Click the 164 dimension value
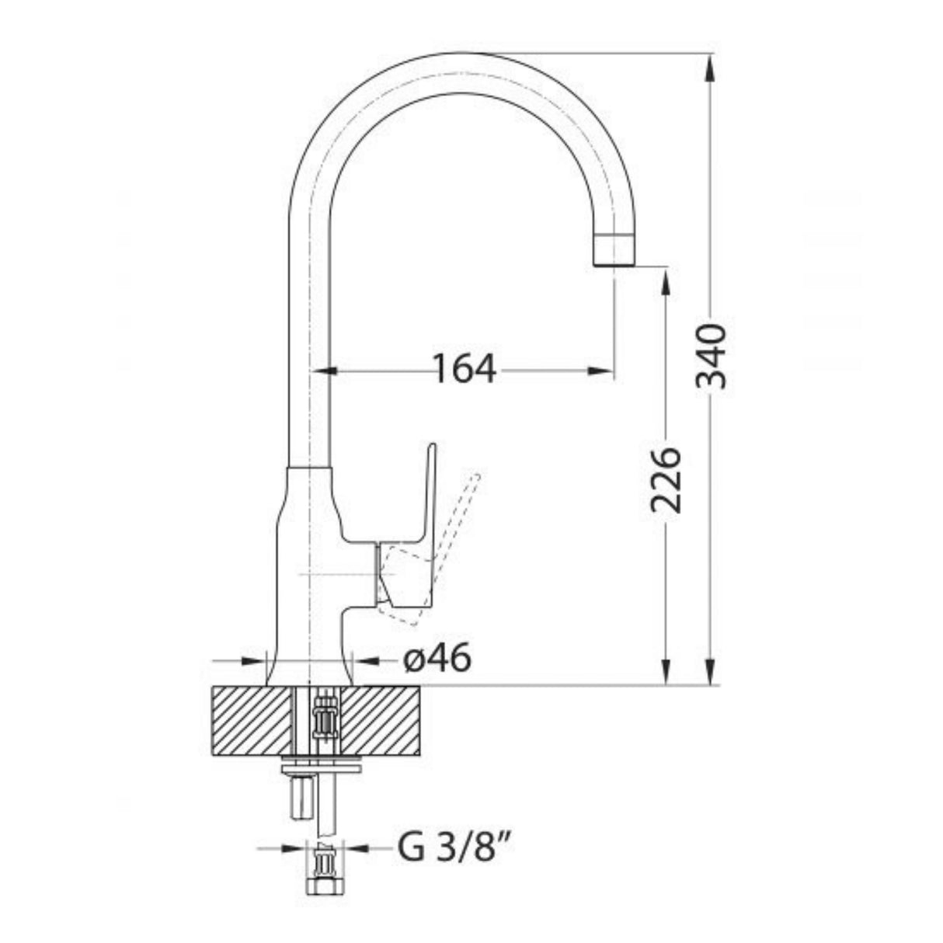[464, 370]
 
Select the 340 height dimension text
[712, 357]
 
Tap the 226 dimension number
[666, 479]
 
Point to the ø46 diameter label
[437, 660]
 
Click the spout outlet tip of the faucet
[613, 261]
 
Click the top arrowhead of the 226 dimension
[666, 280]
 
